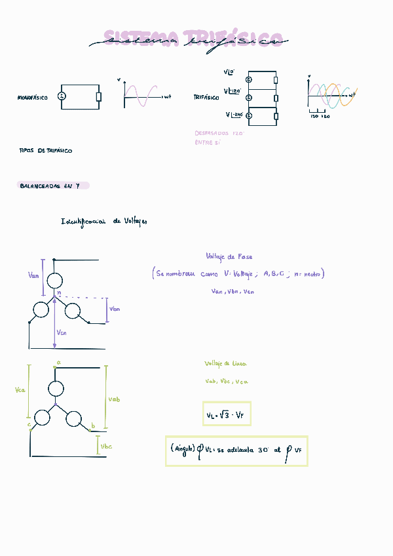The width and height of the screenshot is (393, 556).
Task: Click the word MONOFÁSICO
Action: tap(32, 98)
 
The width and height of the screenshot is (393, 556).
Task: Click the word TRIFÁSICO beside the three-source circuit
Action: tap(206, 97)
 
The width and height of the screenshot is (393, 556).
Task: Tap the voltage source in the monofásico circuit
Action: tap(62, 96)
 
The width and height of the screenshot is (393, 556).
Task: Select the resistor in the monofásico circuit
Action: tap(99, 97)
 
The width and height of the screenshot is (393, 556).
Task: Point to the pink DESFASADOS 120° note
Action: tap(219, 132)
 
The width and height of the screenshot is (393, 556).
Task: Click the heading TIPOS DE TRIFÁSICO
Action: tap(46, 151)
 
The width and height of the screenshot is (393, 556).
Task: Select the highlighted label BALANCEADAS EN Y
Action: tap(52, 186)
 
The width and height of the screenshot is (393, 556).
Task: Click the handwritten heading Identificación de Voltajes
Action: tap(104, 222)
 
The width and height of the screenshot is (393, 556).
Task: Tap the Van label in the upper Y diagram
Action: tap(35, 276)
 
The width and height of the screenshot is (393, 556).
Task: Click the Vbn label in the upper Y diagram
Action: tap(115, 309)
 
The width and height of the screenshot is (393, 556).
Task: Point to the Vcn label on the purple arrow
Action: tap(62, 332)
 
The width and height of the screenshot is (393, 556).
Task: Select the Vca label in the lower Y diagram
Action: tap(20, 390)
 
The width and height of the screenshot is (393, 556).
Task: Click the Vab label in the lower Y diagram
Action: tap(114, 399)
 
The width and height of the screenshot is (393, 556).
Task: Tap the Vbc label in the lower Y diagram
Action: tap(106, 447)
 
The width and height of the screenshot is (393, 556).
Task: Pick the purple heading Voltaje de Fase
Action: tap(229, 257)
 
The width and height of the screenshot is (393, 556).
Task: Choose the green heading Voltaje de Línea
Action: tap(225, 363)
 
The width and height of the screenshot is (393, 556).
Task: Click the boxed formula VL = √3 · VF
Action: tap(227, 414)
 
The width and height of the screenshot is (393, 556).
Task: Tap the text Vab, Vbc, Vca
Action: tap(227, 381)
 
